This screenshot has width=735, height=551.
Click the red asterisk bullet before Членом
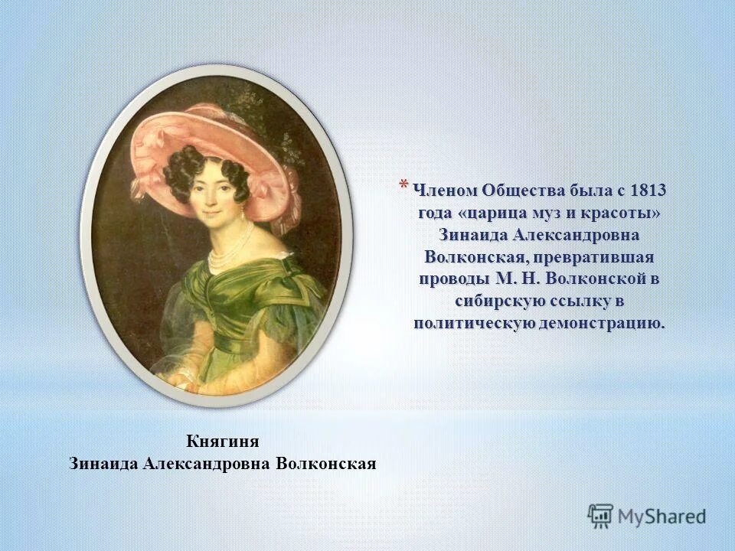coord(403,185)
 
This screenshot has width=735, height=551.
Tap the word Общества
coord(524,190)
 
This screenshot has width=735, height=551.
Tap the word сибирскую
coord(495,300)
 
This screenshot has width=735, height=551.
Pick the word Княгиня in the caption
coord(223,442)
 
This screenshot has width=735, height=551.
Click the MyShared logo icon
coord(600,516)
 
